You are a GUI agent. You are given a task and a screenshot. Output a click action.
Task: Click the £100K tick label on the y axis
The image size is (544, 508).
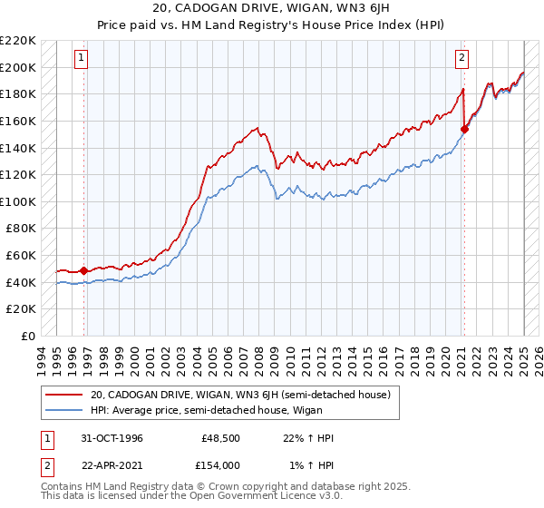click(18, 201)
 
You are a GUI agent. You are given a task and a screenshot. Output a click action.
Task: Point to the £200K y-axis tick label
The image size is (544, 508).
click(18, 67)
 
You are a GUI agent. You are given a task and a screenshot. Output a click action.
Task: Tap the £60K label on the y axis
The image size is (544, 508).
click(22, 256)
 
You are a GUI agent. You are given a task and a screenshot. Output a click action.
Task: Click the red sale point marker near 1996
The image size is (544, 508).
click(84, 270)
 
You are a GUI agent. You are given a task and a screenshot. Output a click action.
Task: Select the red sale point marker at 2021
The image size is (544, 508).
click(463, 129)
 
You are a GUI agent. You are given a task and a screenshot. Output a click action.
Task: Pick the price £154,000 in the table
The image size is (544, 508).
click(220, 464)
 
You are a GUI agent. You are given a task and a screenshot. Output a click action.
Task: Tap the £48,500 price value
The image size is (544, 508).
click(220, 438)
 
